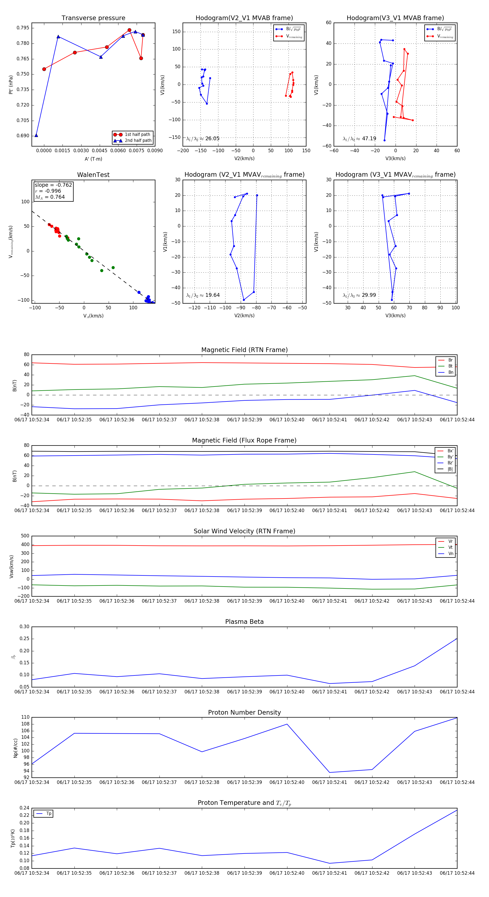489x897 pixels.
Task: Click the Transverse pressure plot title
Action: (x=93, y=18)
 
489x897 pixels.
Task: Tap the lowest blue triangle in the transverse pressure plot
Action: (x=36, y=135)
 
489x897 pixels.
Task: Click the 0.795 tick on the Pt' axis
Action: (x=23, y=28)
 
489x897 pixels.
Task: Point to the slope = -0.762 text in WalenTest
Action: (x=53, y=185)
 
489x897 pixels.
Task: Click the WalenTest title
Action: (x=93, y=175)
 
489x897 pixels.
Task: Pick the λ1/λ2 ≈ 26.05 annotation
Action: (x=203, y=139)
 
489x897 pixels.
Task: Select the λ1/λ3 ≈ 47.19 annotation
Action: (x=359, y=139)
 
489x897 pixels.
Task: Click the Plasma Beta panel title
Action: (x=244, y=622)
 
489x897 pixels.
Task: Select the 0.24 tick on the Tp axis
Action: (x=24, y=808)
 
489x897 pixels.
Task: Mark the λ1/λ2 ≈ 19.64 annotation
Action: (x=203, y=295)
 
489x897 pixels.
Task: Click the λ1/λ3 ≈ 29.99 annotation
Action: (x=359, y=295)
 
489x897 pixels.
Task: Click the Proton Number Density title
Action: (x=244, y=712)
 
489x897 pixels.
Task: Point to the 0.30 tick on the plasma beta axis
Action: (x=24, y=627)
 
